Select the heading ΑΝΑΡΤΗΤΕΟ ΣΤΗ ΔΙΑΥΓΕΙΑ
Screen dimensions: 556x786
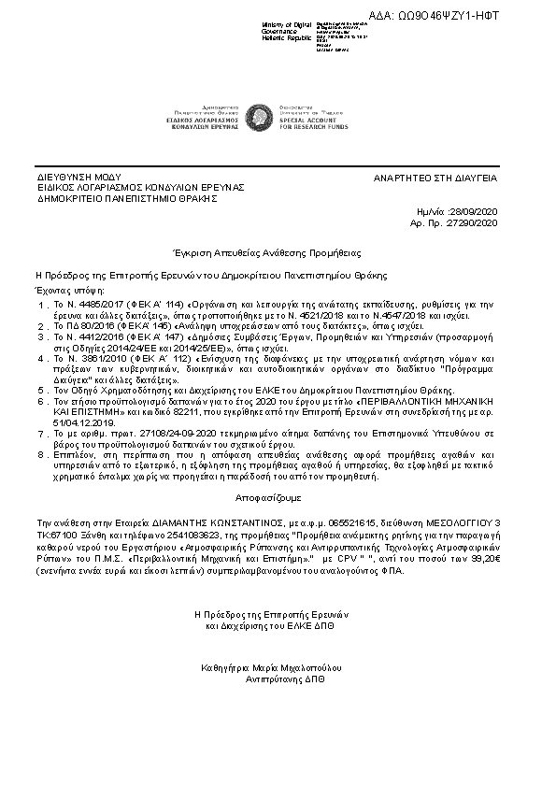pos(435,178)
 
